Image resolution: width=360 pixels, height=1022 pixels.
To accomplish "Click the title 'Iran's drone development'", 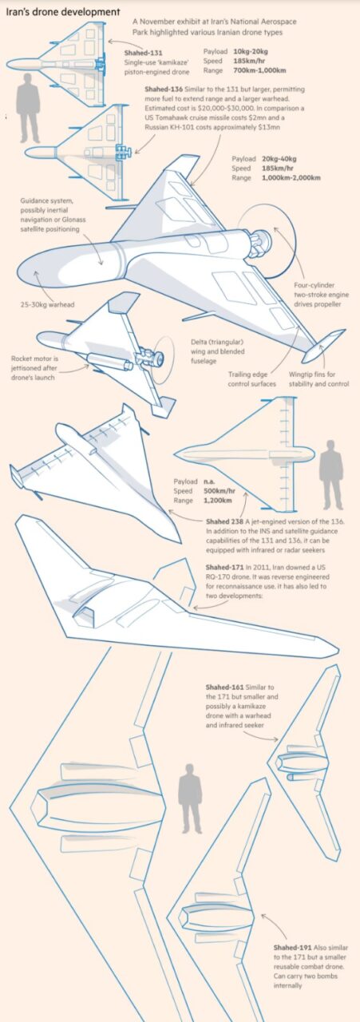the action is [63, 12].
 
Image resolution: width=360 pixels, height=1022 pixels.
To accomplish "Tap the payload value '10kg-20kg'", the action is [251, 52].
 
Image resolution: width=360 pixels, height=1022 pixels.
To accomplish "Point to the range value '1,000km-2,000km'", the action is [291, 178].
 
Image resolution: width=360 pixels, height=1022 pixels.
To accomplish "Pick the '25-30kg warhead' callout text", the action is [47, 304].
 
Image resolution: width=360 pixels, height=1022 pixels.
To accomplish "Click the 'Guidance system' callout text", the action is [53, 215].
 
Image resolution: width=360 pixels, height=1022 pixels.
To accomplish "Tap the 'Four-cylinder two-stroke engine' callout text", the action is [321, 295].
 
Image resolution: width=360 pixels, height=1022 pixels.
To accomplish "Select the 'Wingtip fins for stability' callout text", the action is [318, 379].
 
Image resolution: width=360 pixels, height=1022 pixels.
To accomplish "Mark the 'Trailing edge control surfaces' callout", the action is [252, 379].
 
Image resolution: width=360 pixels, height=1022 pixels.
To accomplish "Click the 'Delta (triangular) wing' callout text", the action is [218, 351].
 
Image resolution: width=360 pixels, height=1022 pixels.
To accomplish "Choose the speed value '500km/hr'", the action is [220, 491].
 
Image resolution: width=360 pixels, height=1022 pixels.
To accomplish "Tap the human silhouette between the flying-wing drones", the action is [190, 798].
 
